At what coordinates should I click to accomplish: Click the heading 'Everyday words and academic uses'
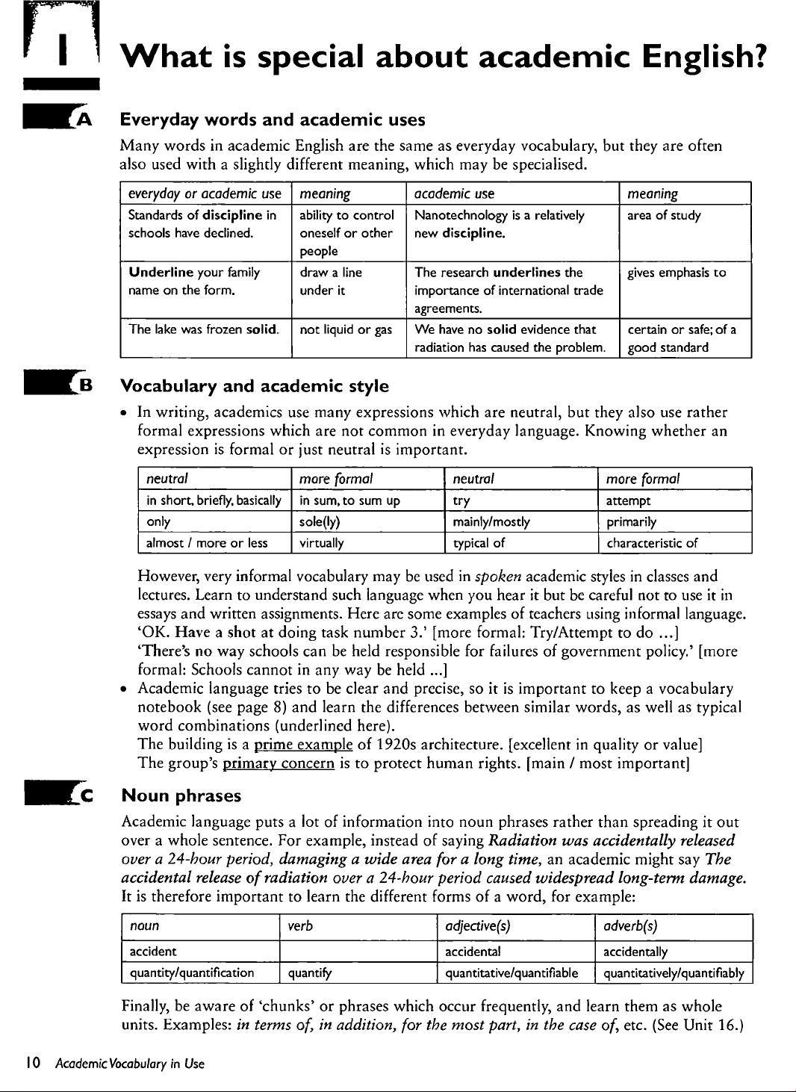pyautogui.click(x=273, y=120)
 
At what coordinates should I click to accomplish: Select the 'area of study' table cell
pyautogui.click(x=664, y=216)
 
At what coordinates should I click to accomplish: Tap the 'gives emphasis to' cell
pyautogui.click(x=676, y=273)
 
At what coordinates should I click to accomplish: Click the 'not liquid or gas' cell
pyautogui.click(x=346, y=329)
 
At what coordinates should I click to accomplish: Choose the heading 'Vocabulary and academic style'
pyautogui.click(x=255, y=386)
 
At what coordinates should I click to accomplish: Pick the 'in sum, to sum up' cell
pyautogui.click(x=349, y=500)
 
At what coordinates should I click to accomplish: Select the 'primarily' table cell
pyautogui.click(x=631, y=522)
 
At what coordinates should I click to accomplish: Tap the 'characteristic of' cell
pyautogui.click(x=652, y=543)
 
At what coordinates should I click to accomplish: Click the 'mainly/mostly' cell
pyautogui.click(x=491, y=522)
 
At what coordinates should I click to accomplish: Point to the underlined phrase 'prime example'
pyautogui.click(x=302, y=745)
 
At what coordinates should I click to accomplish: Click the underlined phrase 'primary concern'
pyautogui.click(x=279, y=763)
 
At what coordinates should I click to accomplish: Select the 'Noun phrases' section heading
pyautogui.click(x=181, y=795)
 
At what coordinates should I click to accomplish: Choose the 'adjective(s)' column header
pyautogui.click(x=478, y=926)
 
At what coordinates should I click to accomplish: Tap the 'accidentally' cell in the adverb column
pyautogui.click(x=635, y=952)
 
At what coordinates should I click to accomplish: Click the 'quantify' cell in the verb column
pyautogui.click(x=310, y=972)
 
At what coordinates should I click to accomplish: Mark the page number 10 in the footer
pyautogui.click(x=33, y=1063)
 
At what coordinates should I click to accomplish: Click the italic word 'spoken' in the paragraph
pyautogui.click(x=498, y=577)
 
